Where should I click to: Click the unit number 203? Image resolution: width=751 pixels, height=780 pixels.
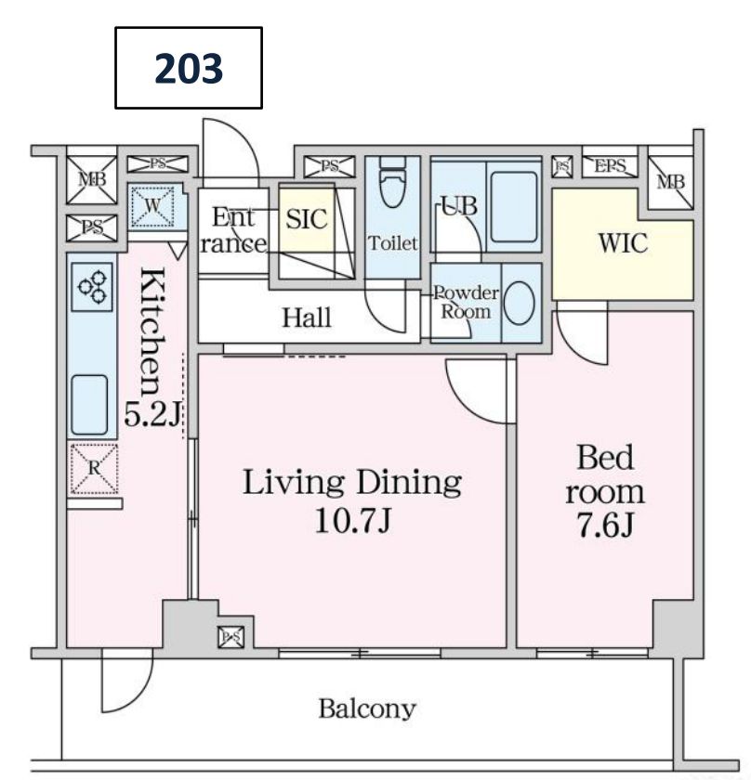click(189, 68)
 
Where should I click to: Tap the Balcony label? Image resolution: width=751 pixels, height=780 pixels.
click(367, 709)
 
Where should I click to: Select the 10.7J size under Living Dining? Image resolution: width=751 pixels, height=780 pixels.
click(352, 521)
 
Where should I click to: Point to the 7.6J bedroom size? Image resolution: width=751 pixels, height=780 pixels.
click(605, 526)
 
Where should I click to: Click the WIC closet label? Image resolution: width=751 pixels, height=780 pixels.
click(623, 243)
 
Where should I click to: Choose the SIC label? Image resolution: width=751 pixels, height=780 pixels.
click(307, 219)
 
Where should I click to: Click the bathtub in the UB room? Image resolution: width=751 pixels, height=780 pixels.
click(513, 206)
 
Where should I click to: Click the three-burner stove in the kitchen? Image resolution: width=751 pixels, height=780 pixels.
click(92, 287)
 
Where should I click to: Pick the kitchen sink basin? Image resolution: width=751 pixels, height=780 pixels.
click(89, 405)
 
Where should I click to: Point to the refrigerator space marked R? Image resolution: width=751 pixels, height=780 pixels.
click(94, 469)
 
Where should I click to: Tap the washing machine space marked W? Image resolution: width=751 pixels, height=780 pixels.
click(152, 205)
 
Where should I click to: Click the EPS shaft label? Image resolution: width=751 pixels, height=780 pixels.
click(610, 165)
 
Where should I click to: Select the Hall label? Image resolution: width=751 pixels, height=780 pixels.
click(307, 318)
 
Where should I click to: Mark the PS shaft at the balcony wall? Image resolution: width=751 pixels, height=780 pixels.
click(231, 637)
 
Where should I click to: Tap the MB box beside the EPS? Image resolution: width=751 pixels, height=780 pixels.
click(671, 182)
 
